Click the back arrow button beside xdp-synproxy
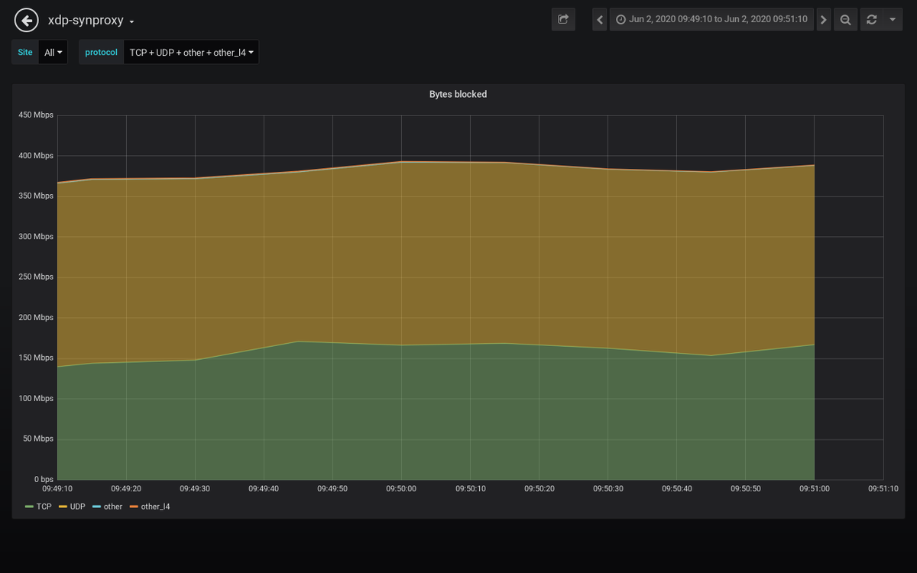[x=27, y=20]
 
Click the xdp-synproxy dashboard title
[x=86, y=21]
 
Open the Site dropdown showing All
[x=53, y=53]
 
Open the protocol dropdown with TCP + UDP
[x=191, y=53]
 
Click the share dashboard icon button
[x=563, y=20]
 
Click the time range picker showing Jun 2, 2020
[x=711, y=20]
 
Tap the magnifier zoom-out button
[x=845, y=20]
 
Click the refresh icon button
[x=871, y=20]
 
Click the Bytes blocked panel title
[x=458, y=95]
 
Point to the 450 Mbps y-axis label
[x=36, y=115]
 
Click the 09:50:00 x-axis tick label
[x=401, y=489]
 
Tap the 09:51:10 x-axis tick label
[x=883, y=489]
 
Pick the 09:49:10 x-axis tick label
[x=57, y=489]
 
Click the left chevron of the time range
[x=600, y=20]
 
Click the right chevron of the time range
[x=823, y=20]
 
